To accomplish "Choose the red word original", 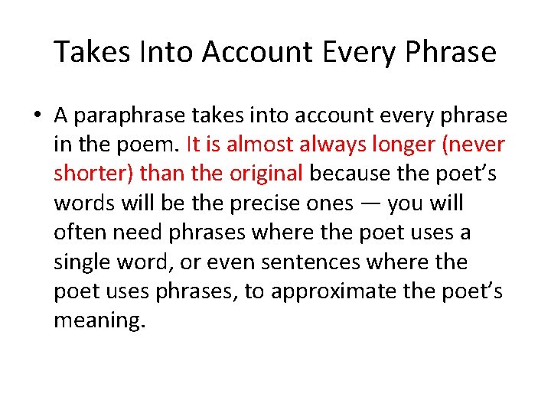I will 266,174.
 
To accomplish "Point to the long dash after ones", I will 370,204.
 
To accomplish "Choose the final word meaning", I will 98,320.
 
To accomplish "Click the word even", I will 231,262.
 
